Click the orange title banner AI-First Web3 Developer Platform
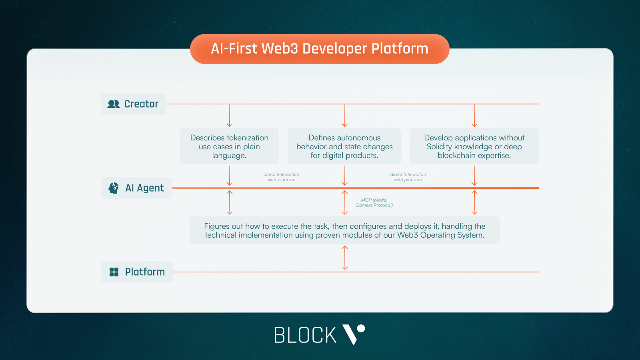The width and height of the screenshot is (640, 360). [320, 49]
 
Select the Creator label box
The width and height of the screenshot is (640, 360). [133, 104]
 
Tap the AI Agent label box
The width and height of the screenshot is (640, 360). [136, 188]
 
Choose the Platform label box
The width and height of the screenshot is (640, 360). [137, 272]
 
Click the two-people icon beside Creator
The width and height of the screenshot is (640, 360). [114, 104]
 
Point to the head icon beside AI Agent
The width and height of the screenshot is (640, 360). [114, 188]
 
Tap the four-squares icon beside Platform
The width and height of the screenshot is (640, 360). [114, 272]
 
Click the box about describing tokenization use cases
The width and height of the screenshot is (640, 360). [229, 146]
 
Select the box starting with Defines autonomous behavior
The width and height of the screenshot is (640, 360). [344, 146]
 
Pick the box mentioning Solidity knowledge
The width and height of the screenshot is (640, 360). [474, 146]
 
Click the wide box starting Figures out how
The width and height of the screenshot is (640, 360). [344, 230]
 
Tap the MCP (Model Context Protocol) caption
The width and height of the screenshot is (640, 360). [374, 202]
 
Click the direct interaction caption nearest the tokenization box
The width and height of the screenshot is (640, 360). [281, 177]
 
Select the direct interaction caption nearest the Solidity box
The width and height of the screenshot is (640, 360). [408, 177]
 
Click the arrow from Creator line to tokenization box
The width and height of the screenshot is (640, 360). [230, 116]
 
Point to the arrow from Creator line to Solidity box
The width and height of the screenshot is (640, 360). [474, 116]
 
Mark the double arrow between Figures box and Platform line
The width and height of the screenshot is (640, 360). [345, 258]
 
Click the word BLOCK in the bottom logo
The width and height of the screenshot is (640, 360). [305, 335]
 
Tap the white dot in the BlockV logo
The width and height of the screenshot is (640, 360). [361, 328]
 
